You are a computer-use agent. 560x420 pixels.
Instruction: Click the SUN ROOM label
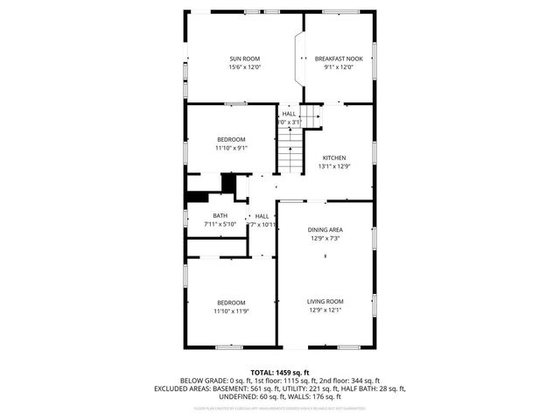pos(245,59)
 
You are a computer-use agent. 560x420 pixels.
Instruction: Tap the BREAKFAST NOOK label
pos(339,59)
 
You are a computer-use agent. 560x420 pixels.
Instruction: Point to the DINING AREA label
pos(325,229)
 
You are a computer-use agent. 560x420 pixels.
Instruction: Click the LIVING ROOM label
pos(325,301)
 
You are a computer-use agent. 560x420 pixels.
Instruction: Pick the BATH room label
pos(220,216)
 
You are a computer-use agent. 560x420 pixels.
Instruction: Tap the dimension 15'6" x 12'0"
pos(245,67)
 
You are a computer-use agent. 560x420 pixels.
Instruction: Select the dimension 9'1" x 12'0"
pos(339,67)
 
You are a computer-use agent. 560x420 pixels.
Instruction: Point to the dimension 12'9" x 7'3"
pos(325,238)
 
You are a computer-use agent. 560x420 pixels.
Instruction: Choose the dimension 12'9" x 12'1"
pos(325,310)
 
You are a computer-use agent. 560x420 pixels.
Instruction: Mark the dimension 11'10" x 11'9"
pos(232,310)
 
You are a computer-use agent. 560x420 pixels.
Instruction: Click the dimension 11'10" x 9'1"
pos(232,148)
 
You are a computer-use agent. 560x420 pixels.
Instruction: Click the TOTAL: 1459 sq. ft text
pos(280,372)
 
